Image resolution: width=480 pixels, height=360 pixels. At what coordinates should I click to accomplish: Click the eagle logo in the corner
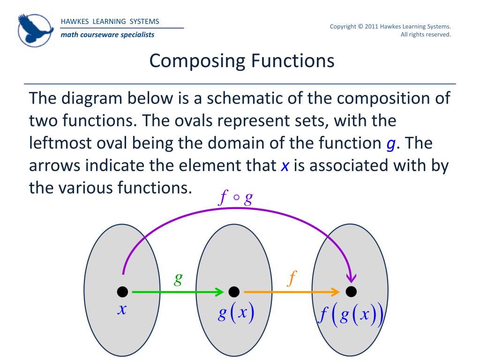click(x=36, y=29)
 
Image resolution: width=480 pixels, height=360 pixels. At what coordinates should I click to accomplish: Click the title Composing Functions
click(x=242, y=61)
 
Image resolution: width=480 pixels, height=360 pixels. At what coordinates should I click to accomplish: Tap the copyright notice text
click(x=390, y=30)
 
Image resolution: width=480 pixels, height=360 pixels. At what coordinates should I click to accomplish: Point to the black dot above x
click(x=122, y=292)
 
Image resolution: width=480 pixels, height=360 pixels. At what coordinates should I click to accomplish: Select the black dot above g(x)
click(x=234, y=292)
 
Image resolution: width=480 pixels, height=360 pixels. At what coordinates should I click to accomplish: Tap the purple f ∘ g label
click(x=237, y=199)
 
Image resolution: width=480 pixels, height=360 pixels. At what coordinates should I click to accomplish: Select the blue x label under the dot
click(x=122, y=309)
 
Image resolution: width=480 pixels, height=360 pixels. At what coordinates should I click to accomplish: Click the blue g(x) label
click(x=236, y=314)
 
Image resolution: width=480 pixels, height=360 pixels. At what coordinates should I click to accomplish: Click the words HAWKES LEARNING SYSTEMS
click(x=110, y=22)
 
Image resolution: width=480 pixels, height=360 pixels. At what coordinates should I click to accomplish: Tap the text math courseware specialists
click(x=107, y=35)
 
